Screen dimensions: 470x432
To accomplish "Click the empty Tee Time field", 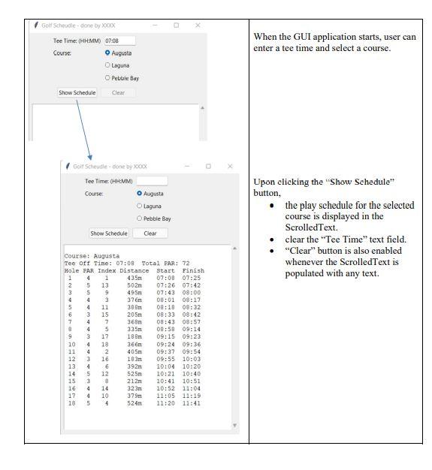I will [152, 181].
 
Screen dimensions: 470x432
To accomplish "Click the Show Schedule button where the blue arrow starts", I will [77, 92].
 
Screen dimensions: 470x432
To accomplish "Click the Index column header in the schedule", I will [107, 271].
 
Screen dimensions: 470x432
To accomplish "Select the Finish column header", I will [193, 271].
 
